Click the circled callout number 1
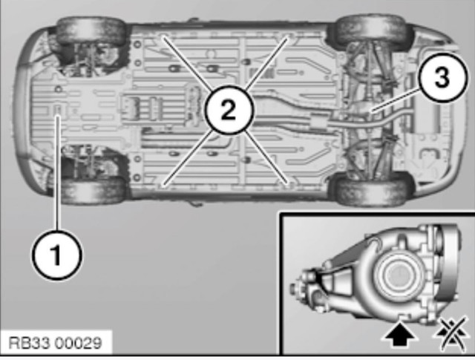click(x=56, y=255)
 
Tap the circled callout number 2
click(x=229, y=110)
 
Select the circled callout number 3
click(x=442, y=77)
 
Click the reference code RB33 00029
click(x=56, y=343)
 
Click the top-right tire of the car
click(x=371, y=29)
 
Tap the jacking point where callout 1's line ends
click(x=58, y=110)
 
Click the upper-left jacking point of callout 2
click(x=163, y=36)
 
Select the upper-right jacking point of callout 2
click(x=289, y=37)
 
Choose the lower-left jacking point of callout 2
click(x=163, y=184)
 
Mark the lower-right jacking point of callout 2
click(x=289, y=183)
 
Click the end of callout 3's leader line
click(x=371, y=112)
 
